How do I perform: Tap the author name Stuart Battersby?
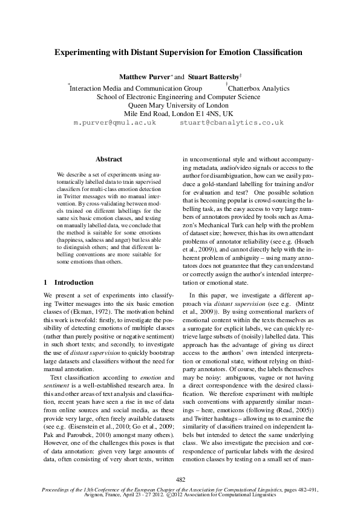click(213, 77)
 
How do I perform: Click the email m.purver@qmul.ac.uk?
click(114, 122)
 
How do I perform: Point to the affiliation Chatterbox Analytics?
click(259, 88)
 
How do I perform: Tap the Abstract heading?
click(109, 159)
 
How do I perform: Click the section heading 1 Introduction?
click(69, 282)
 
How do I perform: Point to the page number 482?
click(180, 479)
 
